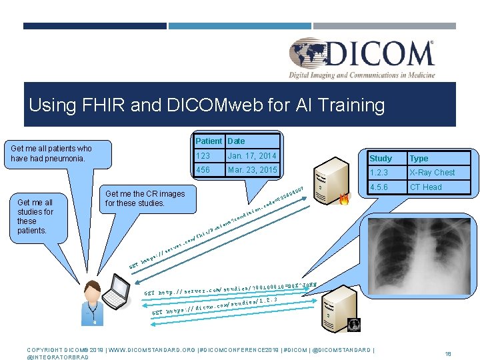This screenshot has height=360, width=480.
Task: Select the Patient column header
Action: (x=209, y=141)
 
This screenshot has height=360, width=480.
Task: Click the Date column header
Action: (x=236, y=141)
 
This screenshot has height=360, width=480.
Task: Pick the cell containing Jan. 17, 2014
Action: (x=253, y=156)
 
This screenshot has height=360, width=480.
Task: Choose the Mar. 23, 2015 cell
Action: (x=253, y=170)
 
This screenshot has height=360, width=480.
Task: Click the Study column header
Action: (x=381, y=159)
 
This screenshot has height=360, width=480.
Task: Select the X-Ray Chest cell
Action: (x=432, y=173)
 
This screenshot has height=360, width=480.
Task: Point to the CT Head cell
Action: (x=426, y=187)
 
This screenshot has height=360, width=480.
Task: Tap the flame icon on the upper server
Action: (x=344, y=198)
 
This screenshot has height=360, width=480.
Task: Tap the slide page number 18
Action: (x=448, y=353)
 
